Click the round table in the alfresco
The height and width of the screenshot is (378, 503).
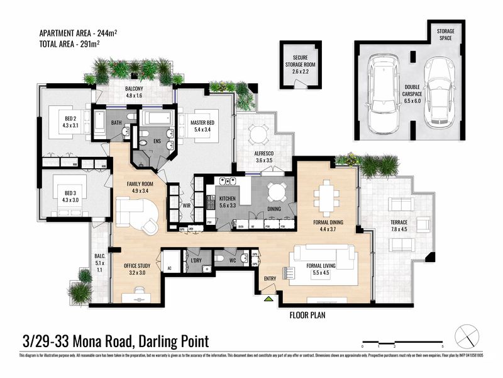258,134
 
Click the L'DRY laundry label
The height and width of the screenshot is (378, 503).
195,260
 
